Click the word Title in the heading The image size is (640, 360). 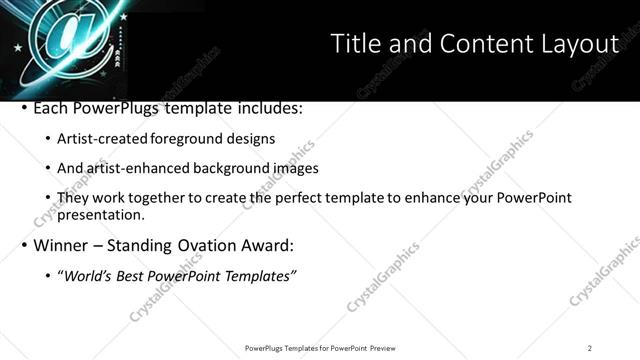click(354, 44)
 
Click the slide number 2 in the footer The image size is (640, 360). click(590, 348)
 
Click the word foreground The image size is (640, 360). click(196, 139)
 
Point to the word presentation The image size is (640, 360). click(101, 215)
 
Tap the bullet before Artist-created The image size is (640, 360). click(48, 139)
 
